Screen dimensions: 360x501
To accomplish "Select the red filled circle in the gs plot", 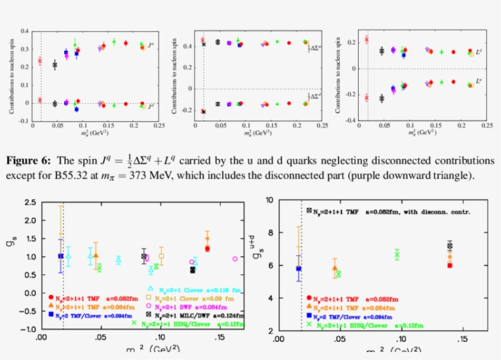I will [x=207, y=249].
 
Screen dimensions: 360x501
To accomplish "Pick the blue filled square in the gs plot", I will [x=60, y=256].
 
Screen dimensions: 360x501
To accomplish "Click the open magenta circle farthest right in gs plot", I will [x=235, y=259].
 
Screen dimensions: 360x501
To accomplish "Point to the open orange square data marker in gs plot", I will [x=161, y=256].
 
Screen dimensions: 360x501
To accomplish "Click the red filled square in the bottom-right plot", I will [x=450, y=265].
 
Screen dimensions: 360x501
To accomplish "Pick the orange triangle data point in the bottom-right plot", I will [x=334, y=267].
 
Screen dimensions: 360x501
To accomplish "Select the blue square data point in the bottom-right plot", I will [x=298, y=268].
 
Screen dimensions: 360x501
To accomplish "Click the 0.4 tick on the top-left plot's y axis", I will [x=25, y=31].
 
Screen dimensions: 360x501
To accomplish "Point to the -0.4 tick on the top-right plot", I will [x=353, y=120].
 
